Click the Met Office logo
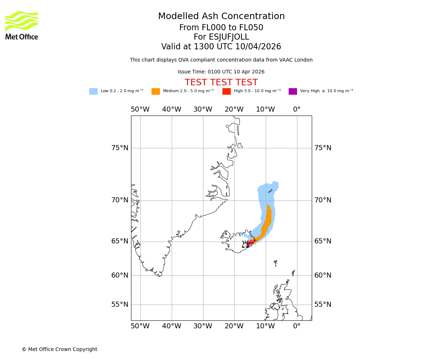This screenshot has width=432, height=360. pyautogui.click(x=22, y=25)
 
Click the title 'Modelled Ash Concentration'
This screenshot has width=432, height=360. pyautogui.click(x=221, y=17)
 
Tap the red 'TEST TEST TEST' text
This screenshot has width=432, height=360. pyautogui.click(x=221, y=83)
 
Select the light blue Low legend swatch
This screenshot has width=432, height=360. pyautogui.click(x=93, y=91)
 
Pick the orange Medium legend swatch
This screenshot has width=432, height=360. pyautogui.click(x=156, y=91)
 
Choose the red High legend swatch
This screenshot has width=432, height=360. pyautogui.click(x=226, y=91)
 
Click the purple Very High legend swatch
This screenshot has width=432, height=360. pyautogui.click(x=293, y=91)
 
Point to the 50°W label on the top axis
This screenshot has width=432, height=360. pyautogui.click(x=140, y=109)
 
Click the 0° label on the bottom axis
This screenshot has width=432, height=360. pyautogui.click(x=297, y=327)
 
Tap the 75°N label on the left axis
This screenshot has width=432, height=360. pyautogui.click(x=120, y=148)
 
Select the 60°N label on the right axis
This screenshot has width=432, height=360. pyautogui.click(x=323, y=275)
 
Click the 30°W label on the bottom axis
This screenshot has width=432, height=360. pyautogui.click(x=203, y=327)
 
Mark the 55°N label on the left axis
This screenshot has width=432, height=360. pyautogui.click(x=120, y=305)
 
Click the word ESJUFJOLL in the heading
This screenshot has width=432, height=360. pyautogui.click(x=230, y=37)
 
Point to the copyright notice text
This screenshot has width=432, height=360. pyautogui.click(x=59, y=350)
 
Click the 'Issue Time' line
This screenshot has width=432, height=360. pyautogui.click(x=221, y=72)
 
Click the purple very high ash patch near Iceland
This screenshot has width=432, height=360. pyautogui.click(x=249, y=244)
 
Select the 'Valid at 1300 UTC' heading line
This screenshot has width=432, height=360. pyautogui.click(x=221, y=47)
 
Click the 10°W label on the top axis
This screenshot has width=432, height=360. pyautogui.click(x=265, y=109)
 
